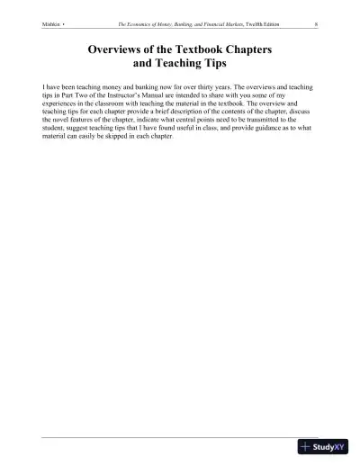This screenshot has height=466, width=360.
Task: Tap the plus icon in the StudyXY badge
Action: pos(306,447)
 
